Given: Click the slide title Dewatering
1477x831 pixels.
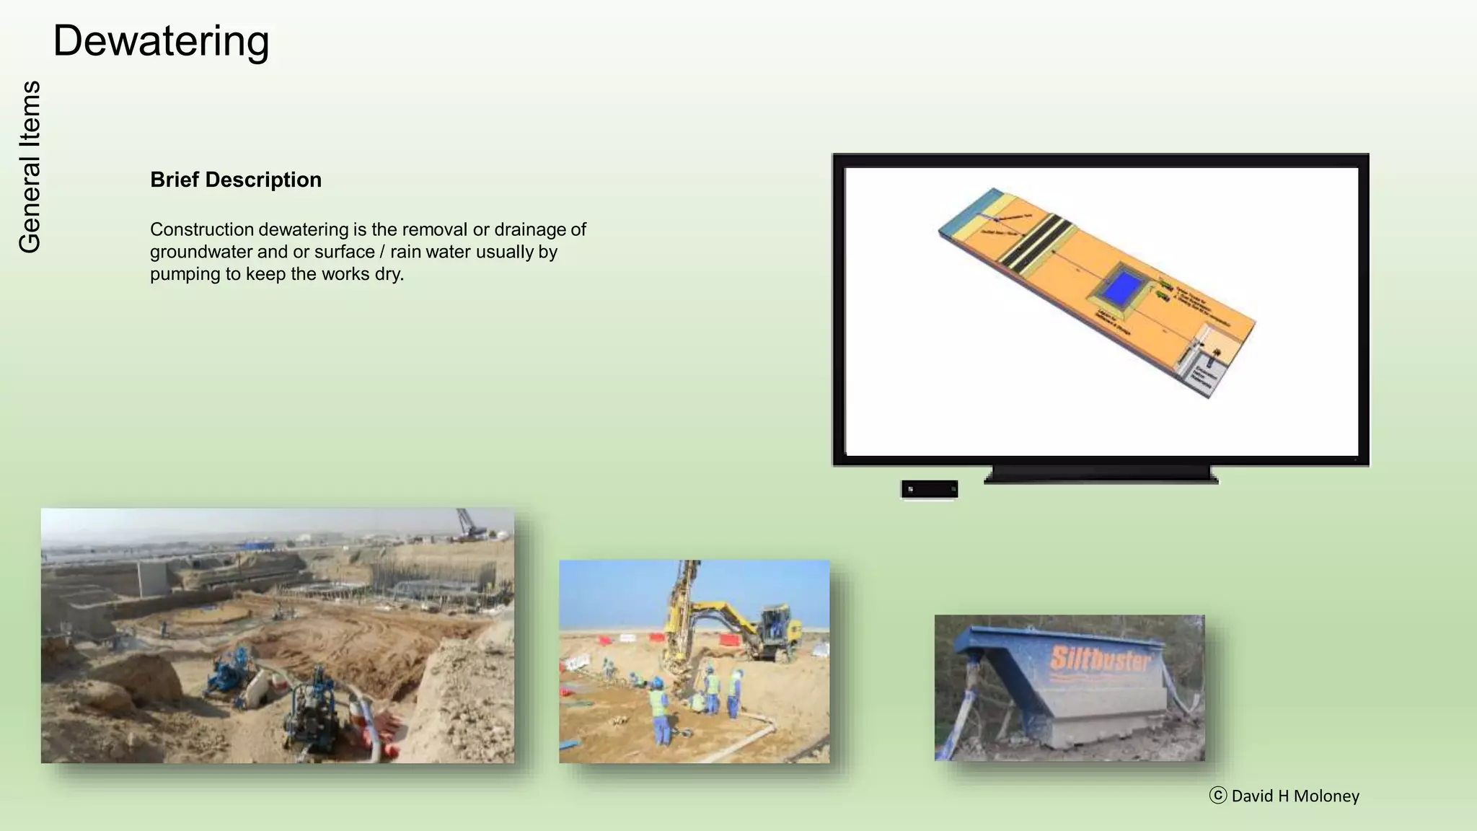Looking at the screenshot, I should click(161, 41).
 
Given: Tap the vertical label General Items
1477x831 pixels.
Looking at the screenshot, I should click(30, 167).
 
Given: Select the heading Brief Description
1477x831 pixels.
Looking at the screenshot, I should click(236, 180).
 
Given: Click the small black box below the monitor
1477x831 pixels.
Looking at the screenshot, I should click(930, 489).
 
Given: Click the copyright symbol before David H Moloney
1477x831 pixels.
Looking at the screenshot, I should click(1218, 796).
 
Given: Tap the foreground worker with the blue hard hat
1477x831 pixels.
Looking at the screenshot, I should click(658, 711).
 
